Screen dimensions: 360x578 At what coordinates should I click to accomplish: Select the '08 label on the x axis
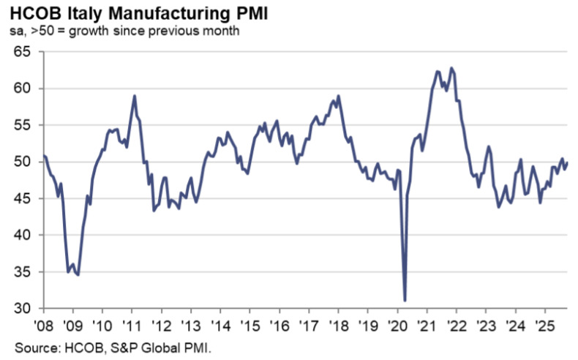click(44, 323)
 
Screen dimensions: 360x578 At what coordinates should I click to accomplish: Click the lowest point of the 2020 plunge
click(405, 300)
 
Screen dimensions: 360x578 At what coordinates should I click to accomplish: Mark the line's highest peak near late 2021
click(451, 68)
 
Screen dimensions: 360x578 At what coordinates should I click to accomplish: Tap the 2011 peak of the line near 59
click(135, 96)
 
